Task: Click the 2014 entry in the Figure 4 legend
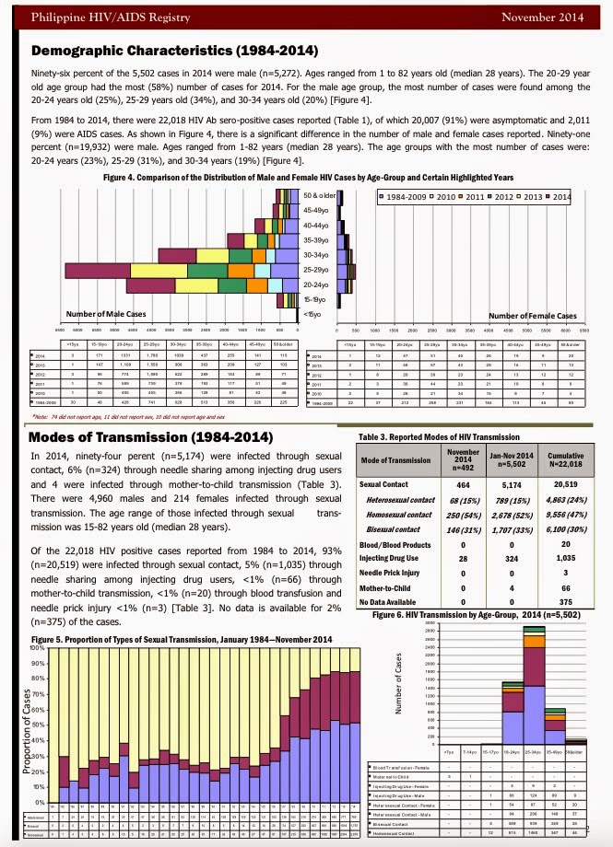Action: [x=557, y=197]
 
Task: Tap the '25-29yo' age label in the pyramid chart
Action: [x=316, y=273]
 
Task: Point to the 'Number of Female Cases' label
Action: [x=532, y=316]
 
